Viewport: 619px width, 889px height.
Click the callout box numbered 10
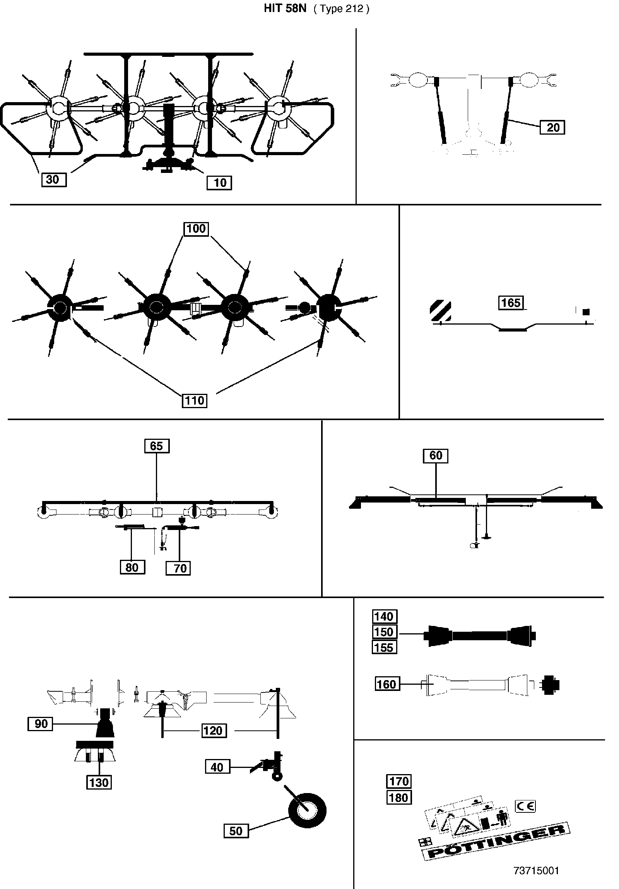pos(219,183)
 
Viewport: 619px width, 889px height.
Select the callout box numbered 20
pos(552,127)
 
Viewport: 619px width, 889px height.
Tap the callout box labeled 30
pos(54,180)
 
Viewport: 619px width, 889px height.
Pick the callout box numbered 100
pos(196,229)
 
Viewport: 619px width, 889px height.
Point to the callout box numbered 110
pos(194,400)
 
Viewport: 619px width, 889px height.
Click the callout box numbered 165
pos(511,303)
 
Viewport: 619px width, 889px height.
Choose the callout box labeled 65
pos(157,446)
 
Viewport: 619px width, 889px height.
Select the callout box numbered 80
pos(132,567)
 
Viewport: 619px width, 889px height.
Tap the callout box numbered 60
pos(436,455)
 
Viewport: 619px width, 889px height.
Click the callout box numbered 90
pos(40,724)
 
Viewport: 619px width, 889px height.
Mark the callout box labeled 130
pos(99,783)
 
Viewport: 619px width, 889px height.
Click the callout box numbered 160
pos(387,684)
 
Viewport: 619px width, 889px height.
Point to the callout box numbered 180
pos(399,798)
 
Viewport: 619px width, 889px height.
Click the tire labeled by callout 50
pos(307,810)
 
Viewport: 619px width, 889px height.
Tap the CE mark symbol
pos(526,806)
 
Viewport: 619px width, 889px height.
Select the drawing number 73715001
pos(536,871)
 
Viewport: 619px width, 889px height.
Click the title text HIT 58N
pos(285,9)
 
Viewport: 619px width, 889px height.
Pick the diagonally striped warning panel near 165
pos(441,311)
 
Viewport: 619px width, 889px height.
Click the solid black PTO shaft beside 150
pos(480,635)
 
